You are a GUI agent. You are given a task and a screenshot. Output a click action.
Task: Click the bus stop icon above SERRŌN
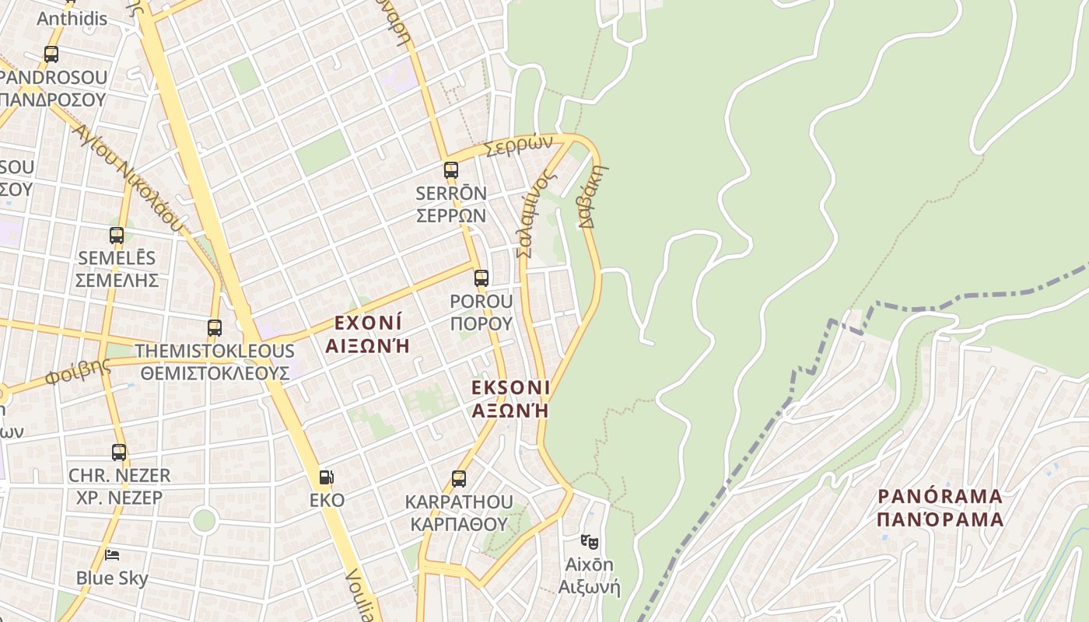point(450,170)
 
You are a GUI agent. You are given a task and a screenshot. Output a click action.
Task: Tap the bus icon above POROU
point(481,278)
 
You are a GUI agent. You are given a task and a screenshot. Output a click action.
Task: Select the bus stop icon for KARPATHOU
point(459,479)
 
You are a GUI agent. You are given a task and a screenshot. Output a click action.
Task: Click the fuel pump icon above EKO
point(327,477)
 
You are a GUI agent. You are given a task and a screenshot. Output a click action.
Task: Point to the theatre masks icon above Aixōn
point(589,540)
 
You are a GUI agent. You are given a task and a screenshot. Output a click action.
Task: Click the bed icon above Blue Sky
point(112,555)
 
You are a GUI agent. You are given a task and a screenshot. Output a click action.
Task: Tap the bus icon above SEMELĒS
point(117,235)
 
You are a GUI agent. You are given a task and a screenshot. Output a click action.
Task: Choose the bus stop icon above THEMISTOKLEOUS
point(215,328)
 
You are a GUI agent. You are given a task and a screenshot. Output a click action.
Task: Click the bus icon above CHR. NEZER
point(119,452)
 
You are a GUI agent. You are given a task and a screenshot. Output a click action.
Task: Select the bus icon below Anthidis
point(51,54)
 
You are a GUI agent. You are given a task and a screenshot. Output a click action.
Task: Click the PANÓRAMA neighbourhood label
point(940,507)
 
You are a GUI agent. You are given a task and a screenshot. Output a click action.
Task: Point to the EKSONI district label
point(510,398)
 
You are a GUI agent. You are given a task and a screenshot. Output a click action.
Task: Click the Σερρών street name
point(518,145)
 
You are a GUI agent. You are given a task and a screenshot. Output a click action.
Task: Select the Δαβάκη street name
point(593,195)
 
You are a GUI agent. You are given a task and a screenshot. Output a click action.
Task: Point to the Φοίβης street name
point(78,372)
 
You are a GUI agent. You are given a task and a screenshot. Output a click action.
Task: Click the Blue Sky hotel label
point(112,578)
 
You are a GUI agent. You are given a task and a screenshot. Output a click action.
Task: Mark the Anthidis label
point(72,18)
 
